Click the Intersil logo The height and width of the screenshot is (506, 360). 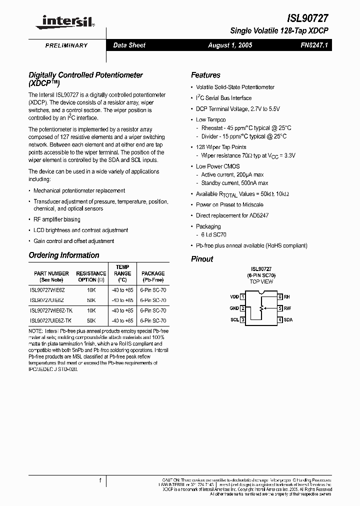(x=65, y=20)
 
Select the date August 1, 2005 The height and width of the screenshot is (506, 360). (x=230, y=45)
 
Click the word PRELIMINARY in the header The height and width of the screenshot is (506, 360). (x=66, y=45)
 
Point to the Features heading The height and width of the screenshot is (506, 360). (x=205, y=75)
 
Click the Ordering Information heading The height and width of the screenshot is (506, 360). (x=64, y=255)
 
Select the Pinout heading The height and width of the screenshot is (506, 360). (x=202, y=259)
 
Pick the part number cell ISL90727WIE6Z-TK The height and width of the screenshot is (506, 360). (x=50, y=310)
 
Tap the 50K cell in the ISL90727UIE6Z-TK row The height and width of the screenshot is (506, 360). (x=91, y=320)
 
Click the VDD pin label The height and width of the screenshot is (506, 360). (x=234, y=297)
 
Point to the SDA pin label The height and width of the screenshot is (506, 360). (x=288, y=319)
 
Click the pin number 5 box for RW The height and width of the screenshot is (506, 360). (x=280, y=308)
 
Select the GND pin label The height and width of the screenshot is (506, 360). (x=234, y=308)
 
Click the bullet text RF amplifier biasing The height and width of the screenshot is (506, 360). (x=56, y=219)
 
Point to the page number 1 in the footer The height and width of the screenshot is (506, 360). (x=100, y=480)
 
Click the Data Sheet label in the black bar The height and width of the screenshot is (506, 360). (x=129, y=45)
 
